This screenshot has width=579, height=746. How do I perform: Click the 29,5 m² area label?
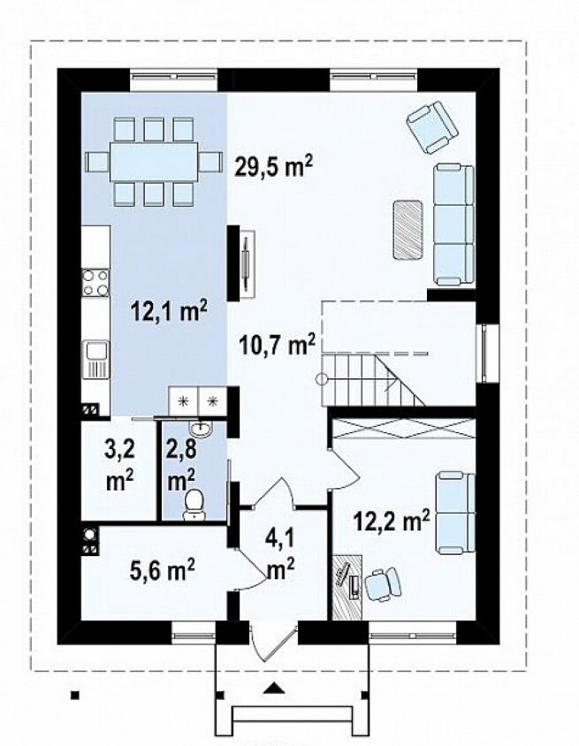pos(273,167)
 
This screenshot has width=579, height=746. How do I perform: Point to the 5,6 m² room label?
pos(162,569)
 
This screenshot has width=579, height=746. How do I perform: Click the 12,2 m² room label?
pos(392,521)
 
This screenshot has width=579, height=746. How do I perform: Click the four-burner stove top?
pos(95,283)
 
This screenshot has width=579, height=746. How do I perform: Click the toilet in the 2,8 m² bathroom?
pos(194,505)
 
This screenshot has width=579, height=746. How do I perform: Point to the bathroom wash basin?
pos(202,429)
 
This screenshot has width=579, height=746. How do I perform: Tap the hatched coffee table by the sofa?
pos(408,229)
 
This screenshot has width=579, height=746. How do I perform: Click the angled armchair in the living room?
pos(432,127)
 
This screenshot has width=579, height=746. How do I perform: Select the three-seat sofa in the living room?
pos(454,225)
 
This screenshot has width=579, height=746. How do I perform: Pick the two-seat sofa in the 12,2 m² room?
pos(456,513)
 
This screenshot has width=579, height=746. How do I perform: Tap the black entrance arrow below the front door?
pos(273,688)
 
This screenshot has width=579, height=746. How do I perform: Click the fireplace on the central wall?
pos(241,263)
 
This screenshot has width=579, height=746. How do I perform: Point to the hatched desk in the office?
pos(347,587)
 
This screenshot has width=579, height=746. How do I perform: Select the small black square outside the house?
pos(74,695)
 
